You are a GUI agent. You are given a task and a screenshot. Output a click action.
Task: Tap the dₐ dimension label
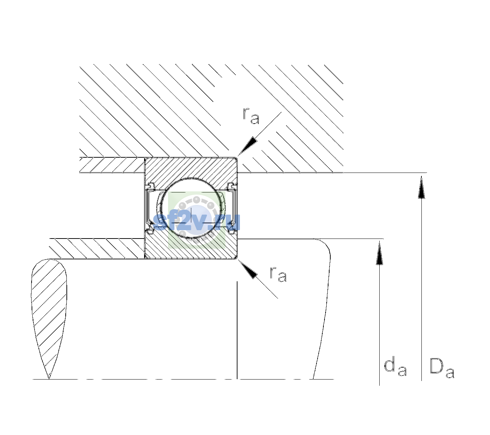point(395,366)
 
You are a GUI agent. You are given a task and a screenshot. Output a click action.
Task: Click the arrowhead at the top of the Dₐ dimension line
point(421,187)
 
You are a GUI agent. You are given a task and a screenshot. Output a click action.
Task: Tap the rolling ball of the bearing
point(191,208)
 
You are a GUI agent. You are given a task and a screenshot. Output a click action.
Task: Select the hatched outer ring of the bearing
point(191,167)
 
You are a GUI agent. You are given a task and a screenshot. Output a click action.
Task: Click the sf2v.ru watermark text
point(196,222)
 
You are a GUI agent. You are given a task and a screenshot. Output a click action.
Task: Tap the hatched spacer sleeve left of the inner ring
point(97,249)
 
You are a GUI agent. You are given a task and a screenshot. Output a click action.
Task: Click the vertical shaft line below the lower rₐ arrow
point(237,330)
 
